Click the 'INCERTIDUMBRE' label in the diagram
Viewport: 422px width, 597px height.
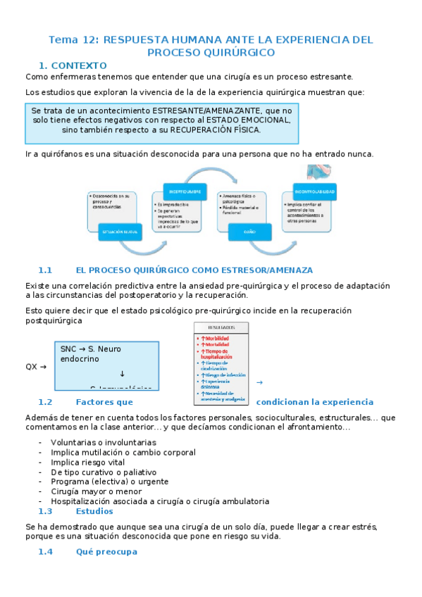(185, 191)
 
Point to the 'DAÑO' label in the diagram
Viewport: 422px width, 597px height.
(250, 230)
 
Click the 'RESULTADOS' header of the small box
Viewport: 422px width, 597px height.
(221, 328)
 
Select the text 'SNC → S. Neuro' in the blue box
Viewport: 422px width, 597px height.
(91, 348)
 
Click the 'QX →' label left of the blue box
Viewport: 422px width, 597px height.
(36, 367)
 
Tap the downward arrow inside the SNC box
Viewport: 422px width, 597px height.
(123, 374)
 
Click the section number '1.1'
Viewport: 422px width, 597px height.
(46, 270)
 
